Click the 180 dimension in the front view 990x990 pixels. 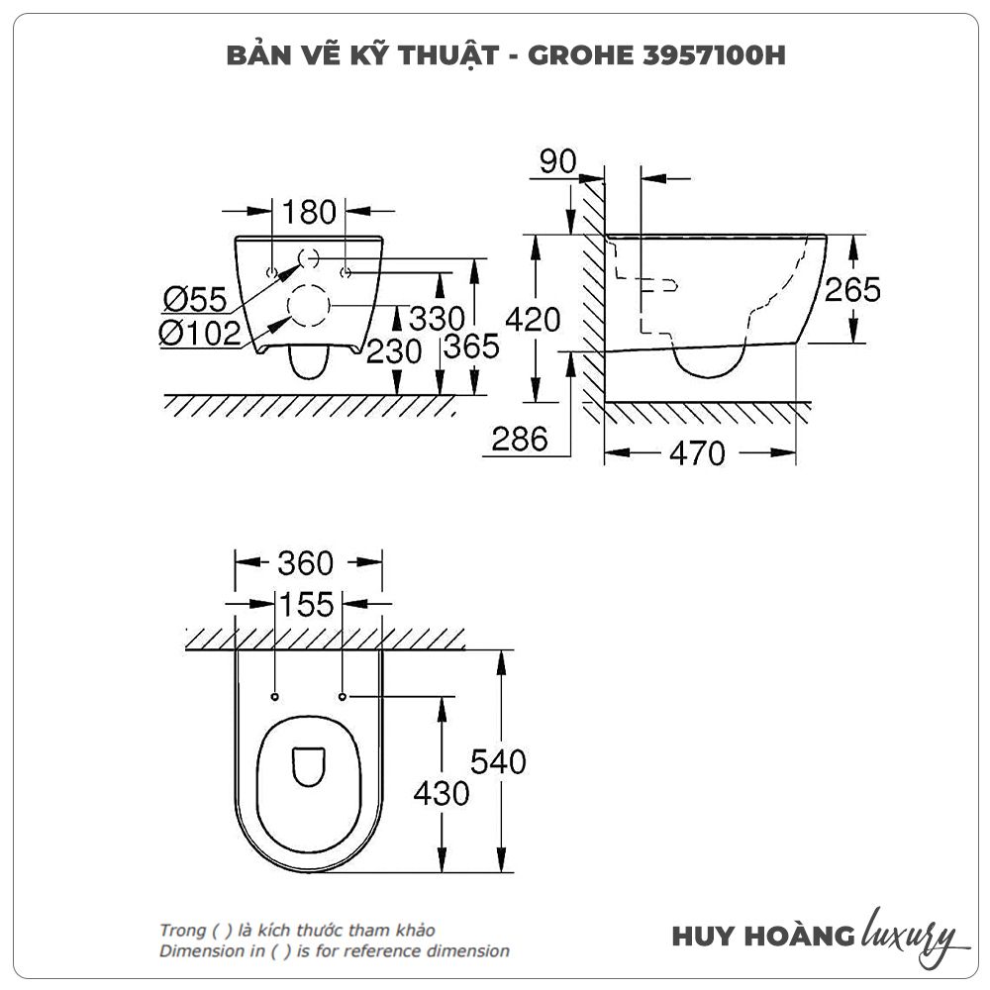(309, 212)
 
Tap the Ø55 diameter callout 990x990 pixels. (195, 297)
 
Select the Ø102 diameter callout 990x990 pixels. (199, 334)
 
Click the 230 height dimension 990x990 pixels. (393, 350)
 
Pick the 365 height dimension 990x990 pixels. (470, 347)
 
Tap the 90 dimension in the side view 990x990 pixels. (557, 161)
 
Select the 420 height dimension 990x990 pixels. (533, 320)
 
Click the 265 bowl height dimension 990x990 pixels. (852, 289)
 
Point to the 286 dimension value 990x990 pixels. (520, 439)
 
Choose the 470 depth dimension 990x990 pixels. (697, 453)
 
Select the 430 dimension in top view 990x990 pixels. (441, 793)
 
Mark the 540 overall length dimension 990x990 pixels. (498, 761)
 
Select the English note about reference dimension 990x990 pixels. (335, 951)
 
